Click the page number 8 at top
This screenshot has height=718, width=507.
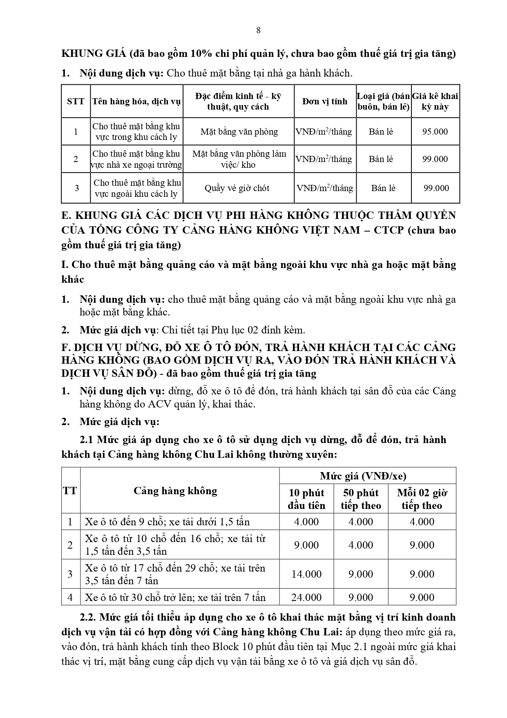click(x=258, y=30)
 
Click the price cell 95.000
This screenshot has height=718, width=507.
click(x=435, y=132)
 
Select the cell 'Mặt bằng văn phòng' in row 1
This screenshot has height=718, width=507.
click(x=239, y=132)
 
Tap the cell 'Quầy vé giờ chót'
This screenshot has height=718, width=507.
click(x=237, y=188)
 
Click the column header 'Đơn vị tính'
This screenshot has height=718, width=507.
click(x=325, y=101)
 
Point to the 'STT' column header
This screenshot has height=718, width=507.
click(x=76, y=101)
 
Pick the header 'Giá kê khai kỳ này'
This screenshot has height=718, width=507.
click(x=435, y=101)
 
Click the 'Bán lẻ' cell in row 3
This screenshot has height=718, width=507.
click(x=383, y=188)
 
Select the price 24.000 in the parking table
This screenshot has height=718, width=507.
click(x=306, y=597)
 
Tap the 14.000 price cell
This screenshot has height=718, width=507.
click(x=306, y=574)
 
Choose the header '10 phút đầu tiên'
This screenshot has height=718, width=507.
click(x=306, y=499)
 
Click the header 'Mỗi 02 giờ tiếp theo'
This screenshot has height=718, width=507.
click(x=422, y=499)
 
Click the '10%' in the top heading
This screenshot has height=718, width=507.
click(x=186, y=54)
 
